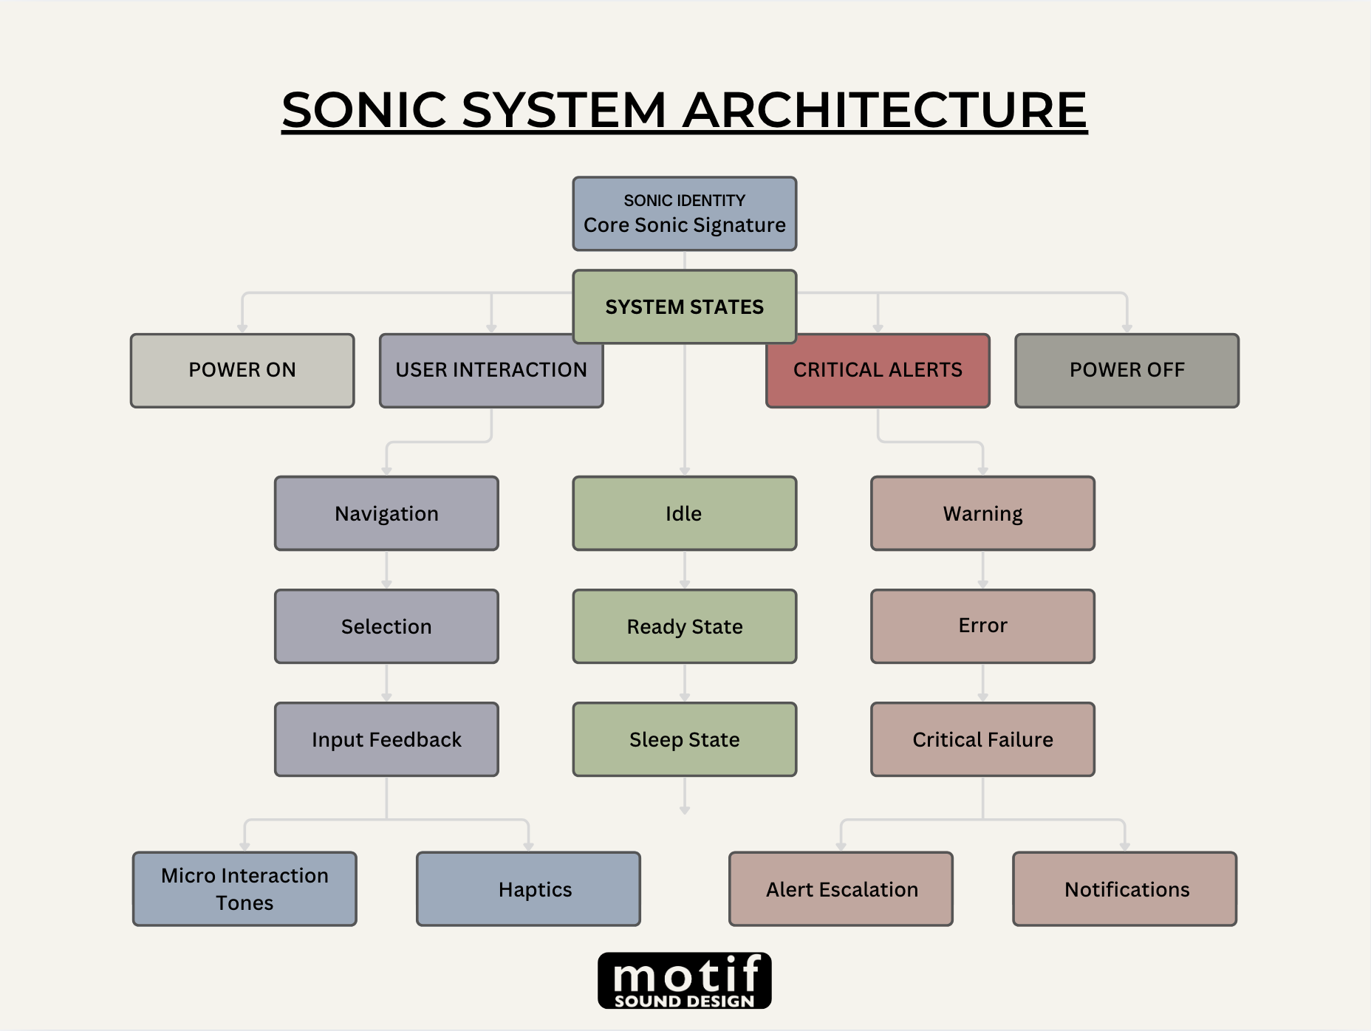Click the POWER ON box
[x=242, y=370]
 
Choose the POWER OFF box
[x=1126, y=370]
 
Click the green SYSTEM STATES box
[x=684, y=306]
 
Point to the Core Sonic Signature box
[x=684, y=213]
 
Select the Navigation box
[x=386, y=513]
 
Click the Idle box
[x=684, y=513]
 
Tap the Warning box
[x=982, y=513]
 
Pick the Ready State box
[x=684, y=626]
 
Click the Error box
[x=982, y=626]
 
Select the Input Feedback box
[x=386, y=739]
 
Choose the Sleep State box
[x=684, y=739]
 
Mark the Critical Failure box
[x=982, y=739]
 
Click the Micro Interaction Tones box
[x=245, y=888]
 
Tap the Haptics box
[x=528, y=888]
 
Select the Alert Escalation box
[x=841, y=888]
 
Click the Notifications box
[x=1124, y=888]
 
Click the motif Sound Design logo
[x=684, y=980]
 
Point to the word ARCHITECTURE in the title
[x=884, y=110]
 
